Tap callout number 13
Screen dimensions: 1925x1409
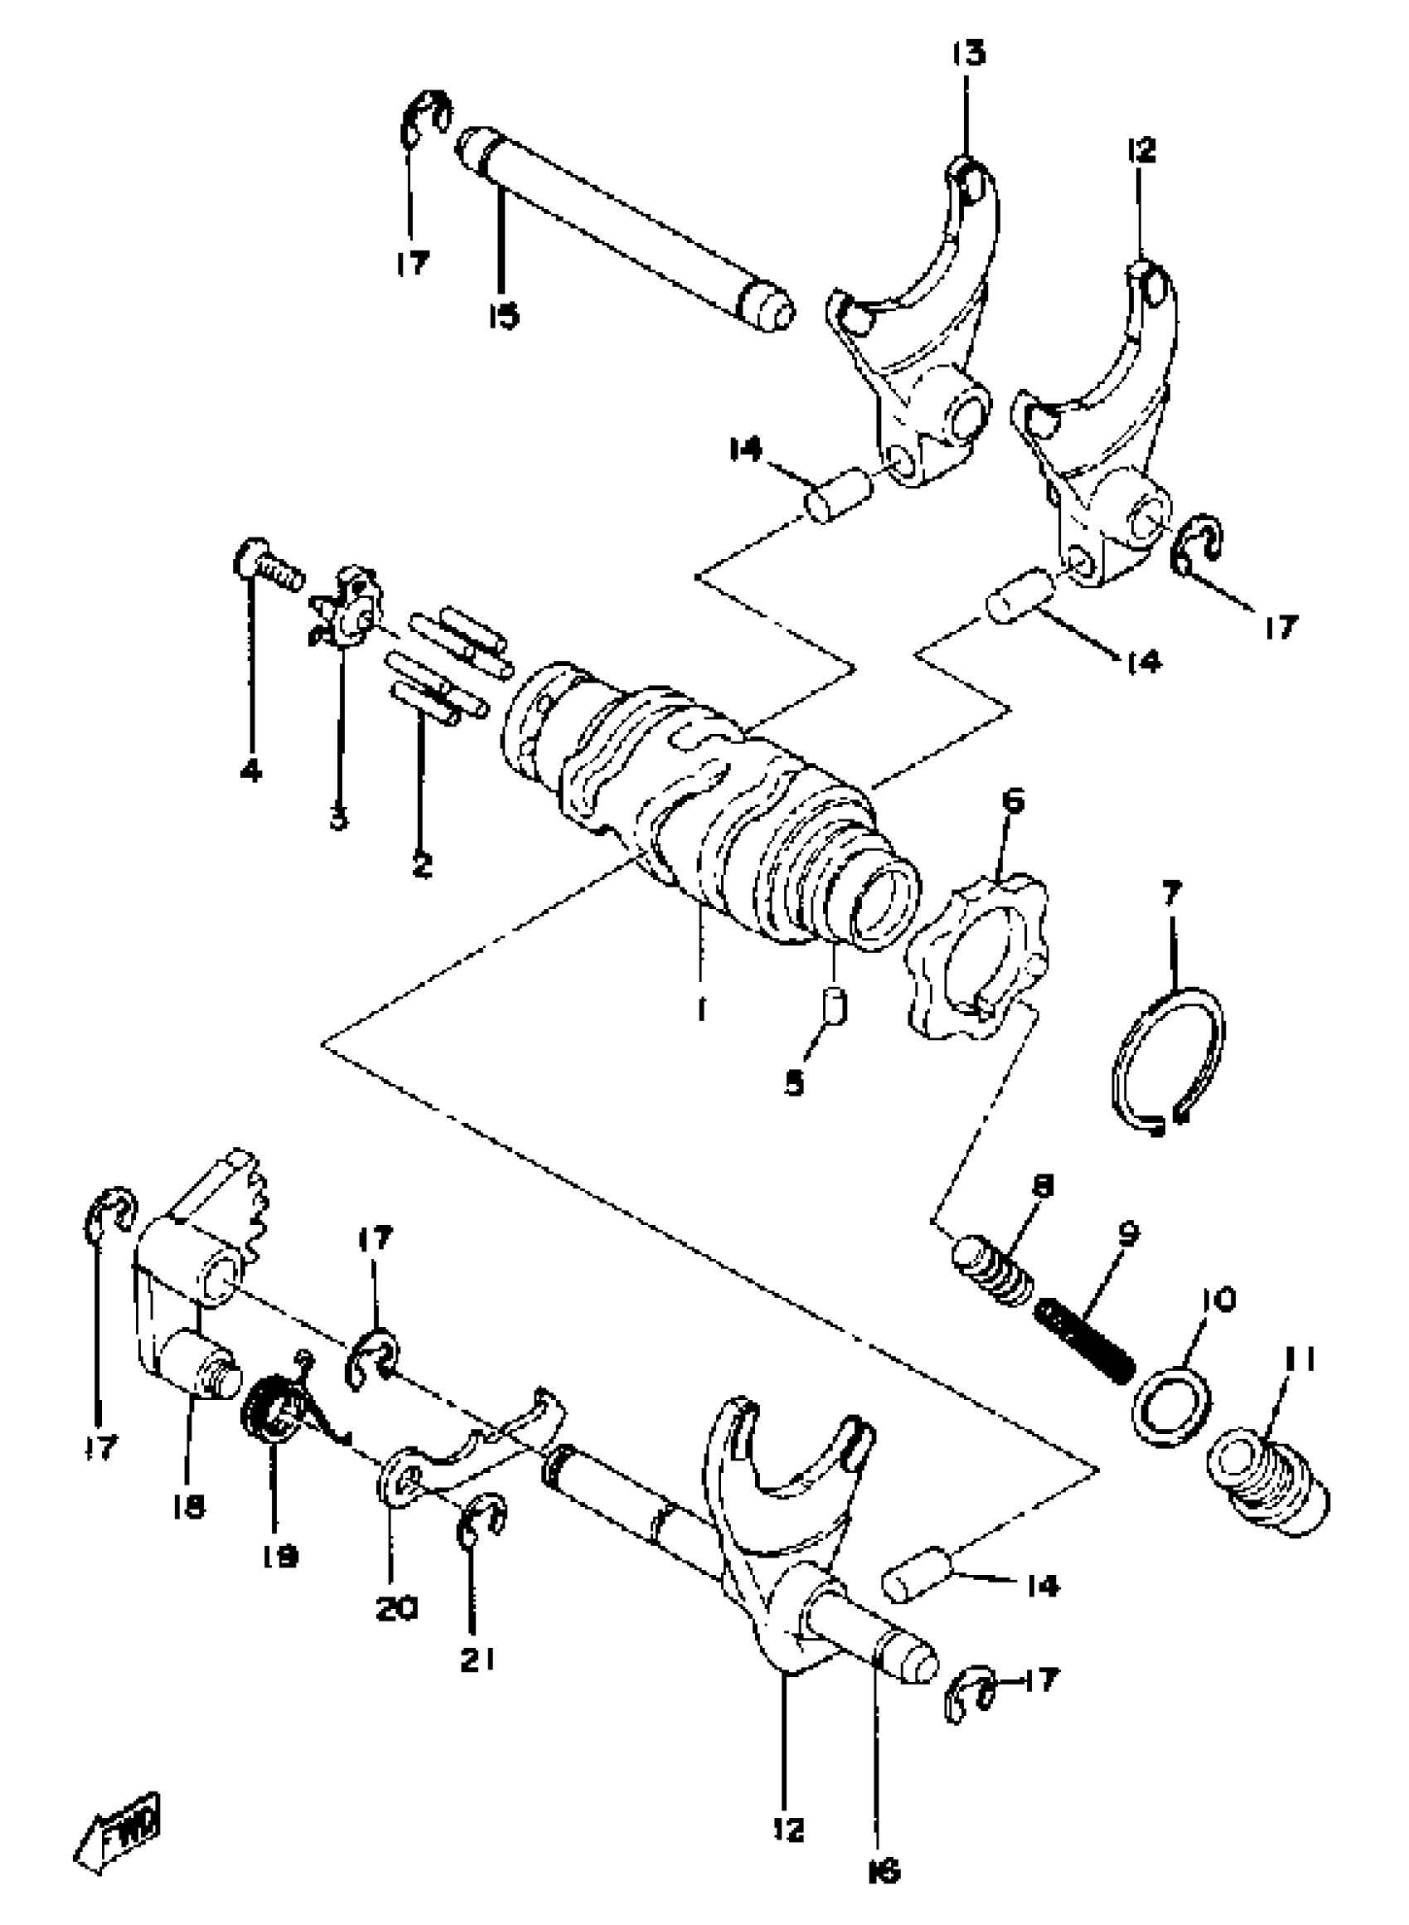click(x=968, y=53)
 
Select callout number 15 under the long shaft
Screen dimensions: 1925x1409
click(x=503, y=317)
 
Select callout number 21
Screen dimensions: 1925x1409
click(x=478, y=1659)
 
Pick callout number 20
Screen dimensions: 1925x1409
click(x=397, y=1609)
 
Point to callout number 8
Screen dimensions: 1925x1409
click(x=1041, y=1185)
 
